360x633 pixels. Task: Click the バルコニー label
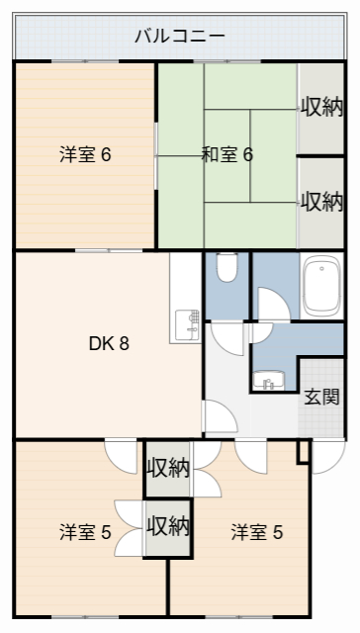tap(180, 37)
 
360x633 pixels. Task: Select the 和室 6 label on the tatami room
tap(227, 154)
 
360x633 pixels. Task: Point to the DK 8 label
tap(109, 344)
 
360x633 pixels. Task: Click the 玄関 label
tap(321, 397)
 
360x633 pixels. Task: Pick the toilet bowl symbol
tap(226, 267)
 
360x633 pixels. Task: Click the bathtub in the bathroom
tap(321, 287)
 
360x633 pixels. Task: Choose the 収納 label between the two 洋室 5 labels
tap(167, 525)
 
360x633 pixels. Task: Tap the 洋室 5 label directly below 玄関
tap(257, 532)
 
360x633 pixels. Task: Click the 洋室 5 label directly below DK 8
tap(84, 532)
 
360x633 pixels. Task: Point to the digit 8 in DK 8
tap(125, 344)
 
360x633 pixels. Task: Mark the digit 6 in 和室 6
tap(248, 154)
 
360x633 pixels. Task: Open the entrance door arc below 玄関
tap(327, 455)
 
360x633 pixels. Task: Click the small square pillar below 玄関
tap(304, 451)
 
